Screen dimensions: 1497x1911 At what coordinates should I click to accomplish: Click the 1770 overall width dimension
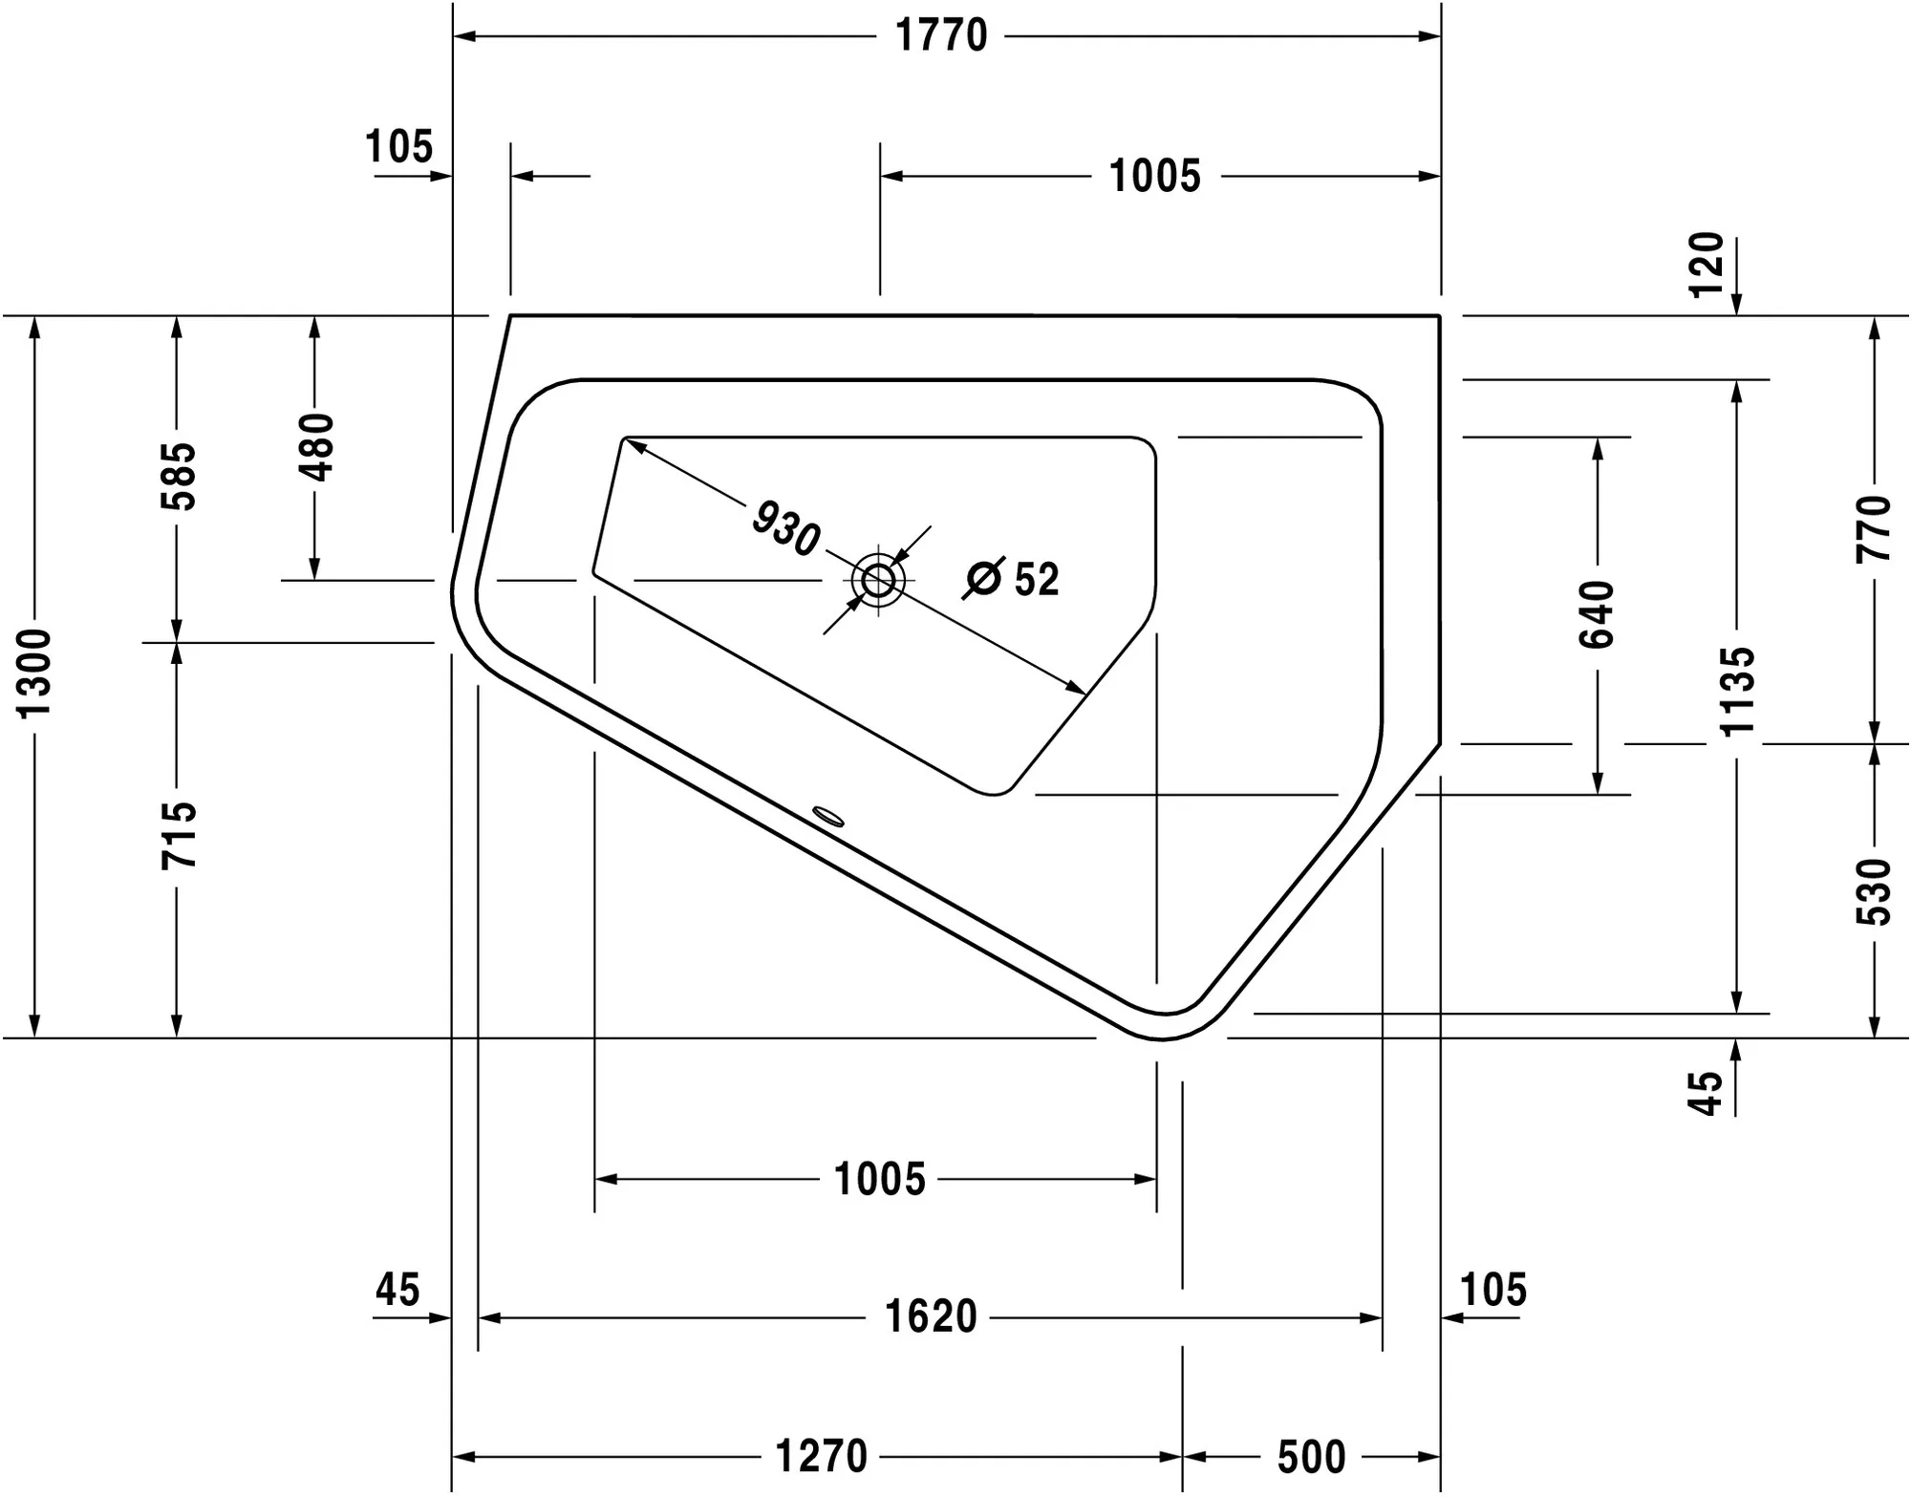click(941, 36)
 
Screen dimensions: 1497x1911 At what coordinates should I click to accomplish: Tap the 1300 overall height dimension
click(36, 674)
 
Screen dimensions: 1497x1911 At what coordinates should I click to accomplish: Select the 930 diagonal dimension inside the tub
click(785, 528)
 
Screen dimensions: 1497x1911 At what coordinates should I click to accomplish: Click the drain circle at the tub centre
click(878, 579)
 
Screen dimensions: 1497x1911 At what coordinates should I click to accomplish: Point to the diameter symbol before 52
click(983, 579)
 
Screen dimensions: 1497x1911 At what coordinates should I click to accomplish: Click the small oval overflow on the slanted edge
click(827, 815)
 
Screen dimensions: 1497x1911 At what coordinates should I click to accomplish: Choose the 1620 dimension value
click(931, 1317)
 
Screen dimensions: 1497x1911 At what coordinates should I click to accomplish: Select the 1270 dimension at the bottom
click(821, 1457)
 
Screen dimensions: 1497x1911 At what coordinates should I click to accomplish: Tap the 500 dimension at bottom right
click(1311, 1457)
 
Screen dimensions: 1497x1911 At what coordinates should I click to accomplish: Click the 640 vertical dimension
click(1597, 615)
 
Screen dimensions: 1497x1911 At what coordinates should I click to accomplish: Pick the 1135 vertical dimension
click(1737, 691)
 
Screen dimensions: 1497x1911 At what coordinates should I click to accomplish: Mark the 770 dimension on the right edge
click(1874, 528)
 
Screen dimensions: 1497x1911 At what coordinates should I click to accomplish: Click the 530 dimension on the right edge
click(1874, 892)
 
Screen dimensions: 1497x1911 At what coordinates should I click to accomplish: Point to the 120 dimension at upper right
click(1708, 265)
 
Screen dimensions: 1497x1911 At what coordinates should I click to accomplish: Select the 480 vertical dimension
click(316, 447)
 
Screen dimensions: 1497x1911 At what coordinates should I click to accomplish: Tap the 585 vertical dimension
click(178, 476)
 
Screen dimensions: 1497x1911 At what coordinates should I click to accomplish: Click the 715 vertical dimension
click(178, 835)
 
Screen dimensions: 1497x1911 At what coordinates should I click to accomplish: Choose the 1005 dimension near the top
click(1154, 177)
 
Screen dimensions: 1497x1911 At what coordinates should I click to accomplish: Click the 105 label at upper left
click(398, 147)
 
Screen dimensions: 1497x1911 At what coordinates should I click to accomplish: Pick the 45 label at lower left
click(397, 1290)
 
